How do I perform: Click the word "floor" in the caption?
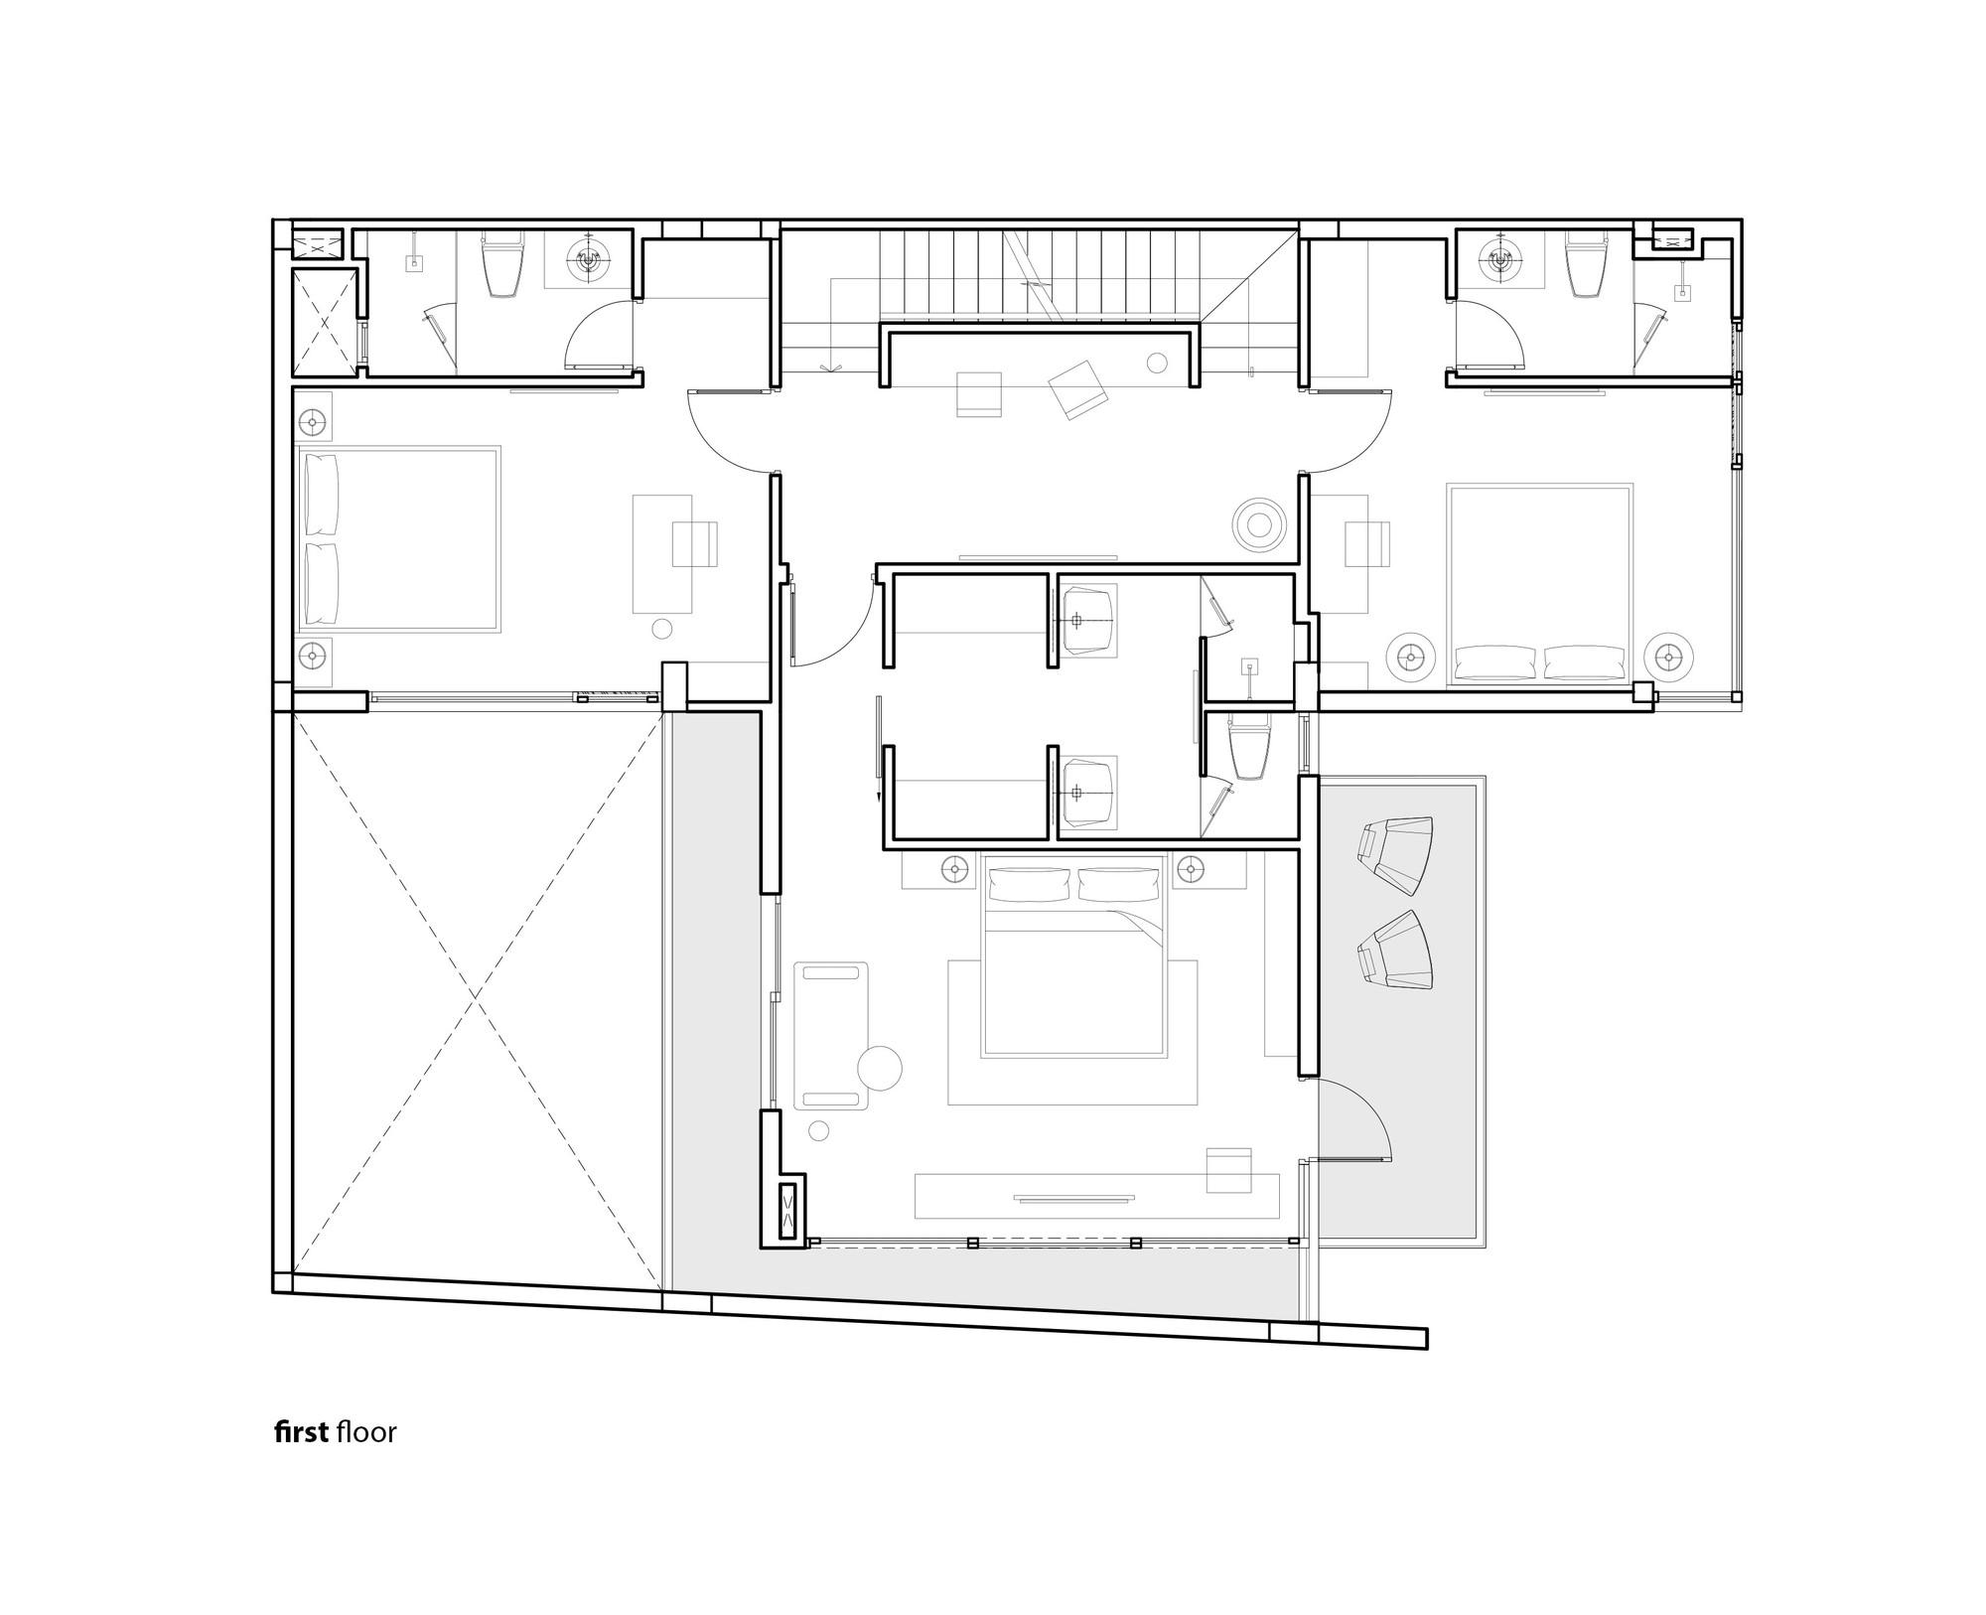[366, 1432]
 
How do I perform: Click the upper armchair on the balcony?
[1395, 851]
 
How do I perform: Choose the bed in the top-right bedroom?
[1540, 585]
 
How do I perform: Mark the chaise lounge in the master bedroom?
[831, 1035]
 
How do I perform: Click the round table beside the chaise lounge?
[880, 1069]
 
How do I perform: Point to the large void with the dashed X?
[478, 993]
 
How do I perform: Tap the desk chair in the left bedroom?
[694, 544]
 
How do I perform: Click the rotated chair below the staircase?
[1078, 388]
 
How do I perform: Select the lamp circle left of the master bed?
[955, 870]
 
